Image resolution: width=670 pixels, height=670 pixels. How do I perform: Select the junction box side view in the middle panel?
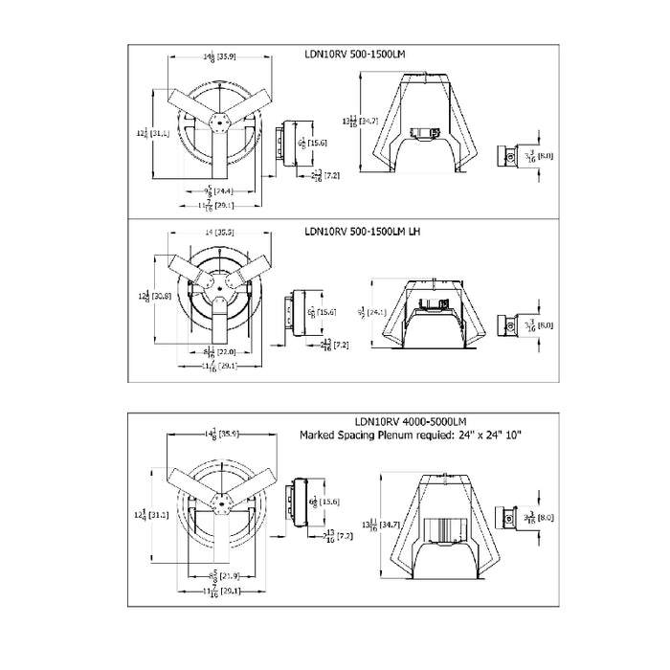tap(290, 312)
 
